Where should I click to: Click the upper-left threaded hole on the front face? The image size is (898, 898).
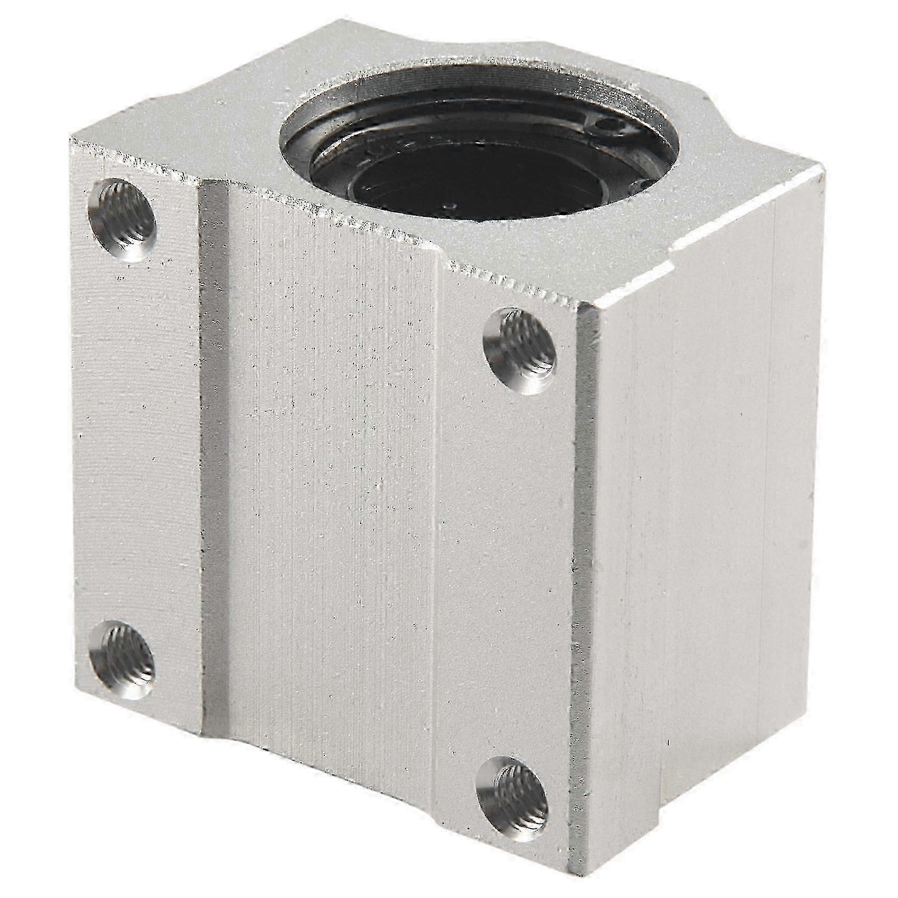point(124,220)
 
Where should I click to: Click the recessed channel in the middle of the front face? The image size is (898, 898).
point(328,475)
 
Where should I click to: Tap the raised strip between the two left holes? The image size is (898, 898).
point(137,438)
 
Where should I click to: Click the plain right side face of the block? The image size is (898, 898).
point(713,502)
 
